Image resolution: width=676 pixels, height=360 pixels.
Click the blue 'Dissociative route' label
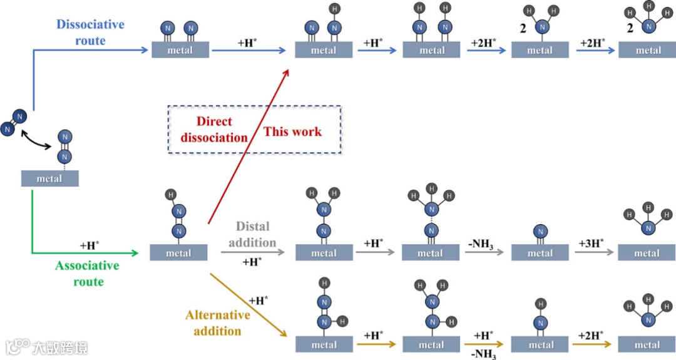[x=90, y=33]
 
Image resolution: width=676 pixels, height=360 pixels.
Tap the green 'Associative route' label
[x=88, y=274]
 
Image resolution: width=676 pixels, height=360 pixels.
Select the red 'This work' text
[x=292, y=131]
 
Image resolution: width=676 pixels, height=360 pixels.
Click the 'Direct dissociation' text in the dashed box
[x=214, y=130]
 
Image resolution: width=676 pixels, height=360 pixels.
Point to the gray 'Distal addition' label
[x=252, y=234]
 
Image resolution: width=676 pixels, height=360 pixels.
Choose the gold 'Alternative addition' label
[x=218, y=322]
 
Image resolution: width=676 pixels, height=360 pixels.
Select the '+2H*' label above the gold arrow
[x=592, y=334]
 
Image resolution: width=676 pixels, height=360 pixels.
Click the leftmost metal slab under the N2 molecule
[x=49, y=178]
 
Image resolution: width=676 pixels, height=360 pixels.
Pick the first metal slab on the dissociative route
[x=180, y=50]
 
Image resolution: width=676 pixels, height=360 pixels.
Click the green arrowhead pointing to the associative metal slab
[x=133, y=254]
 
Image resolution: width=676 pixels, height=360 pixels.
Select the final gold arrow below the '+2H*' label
[x=593, y=344]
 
